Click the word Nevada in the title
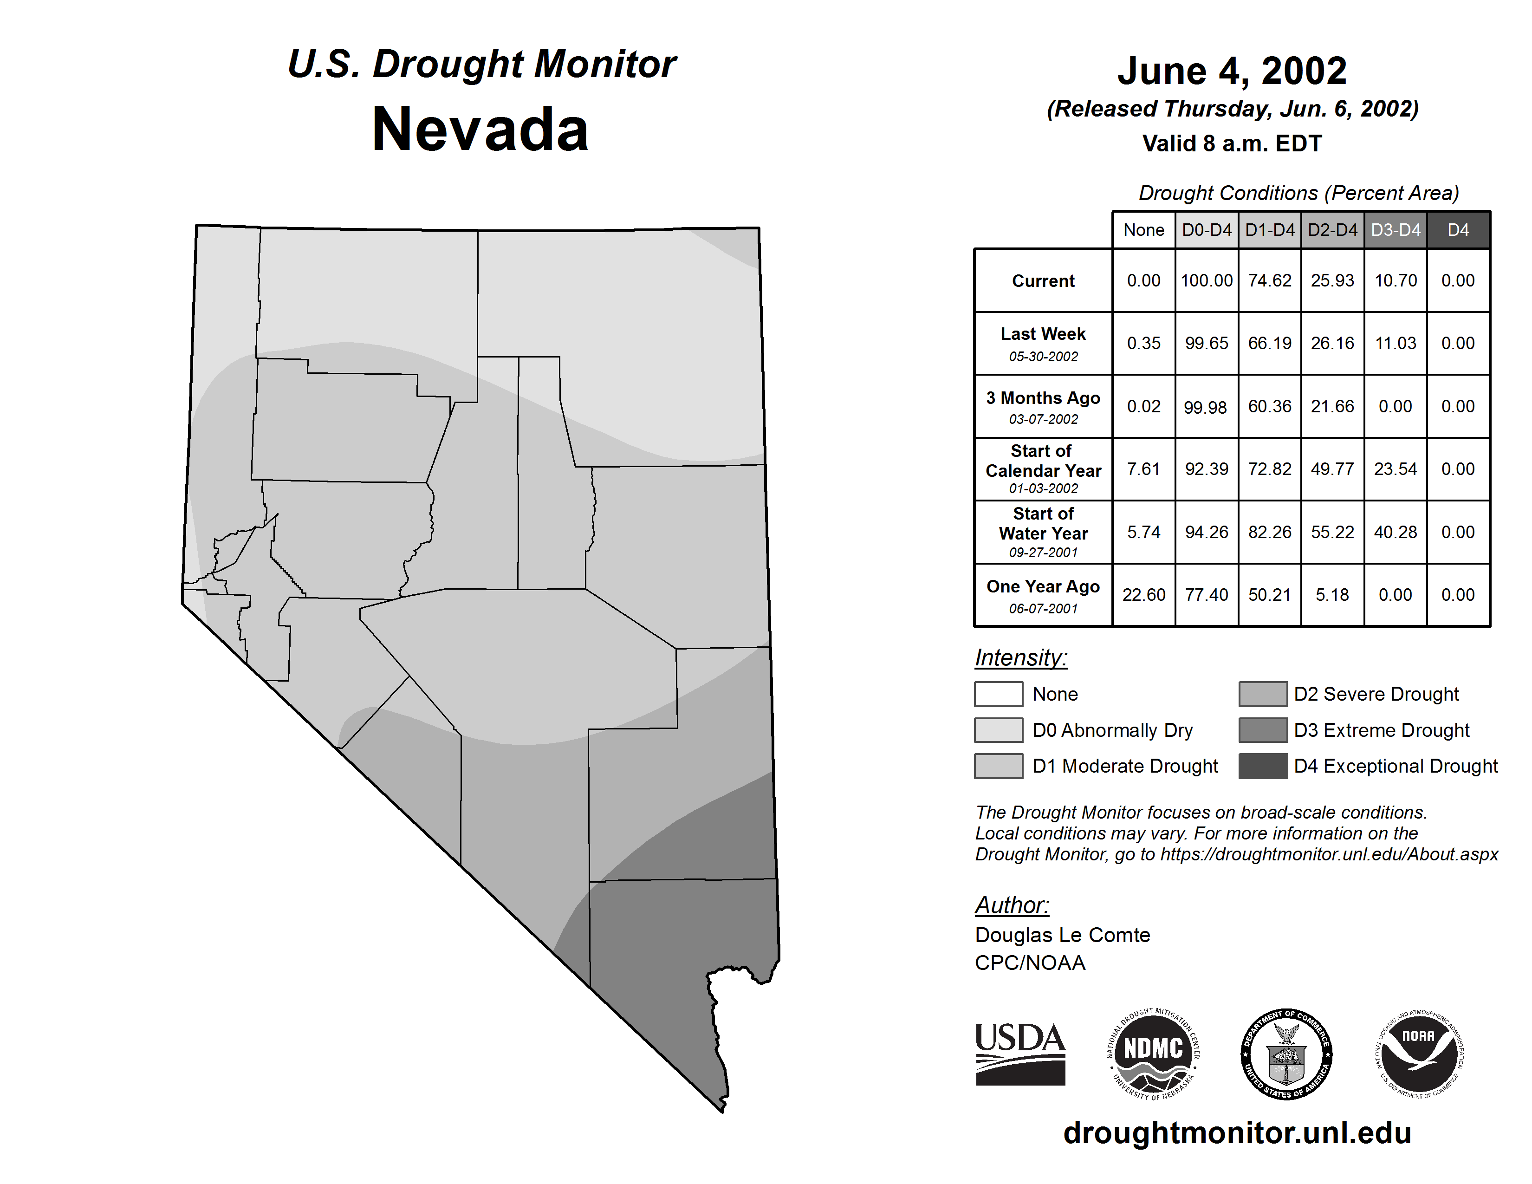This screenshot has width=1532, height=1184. (x=480, y=130)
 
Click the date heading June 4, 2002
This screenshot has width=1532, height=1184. (x=1232, y=71)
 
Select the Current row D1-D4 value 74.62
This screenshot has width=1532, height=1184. (x=1270, y=280)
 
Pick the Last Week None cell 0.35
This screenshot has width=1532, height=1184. (x=1143, y=343)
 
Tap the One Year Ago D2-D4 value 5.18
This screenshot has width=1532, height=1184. (x=1332, y=595)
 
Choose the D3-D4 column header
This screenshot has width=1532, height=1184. (x=1395, y=230)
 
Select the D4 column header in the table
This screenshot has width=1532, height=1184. (x=1458, y=230)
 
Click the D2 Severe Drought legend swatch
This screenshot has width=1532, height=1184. (x=1263, y=694)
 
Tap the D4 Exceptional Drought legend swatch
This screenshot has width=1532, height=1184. (x=1263, y=766)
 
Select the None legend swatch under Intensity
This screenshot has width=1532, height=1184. (x=998, y=694)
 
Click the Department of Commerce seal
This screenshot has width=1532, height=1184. (x=1286, y=1054)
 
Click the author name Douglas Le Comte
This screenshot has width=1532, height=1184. (x=1062, y=935)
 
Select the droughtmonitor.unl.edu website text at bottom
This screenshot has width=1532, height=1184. (x=1237, y=1133)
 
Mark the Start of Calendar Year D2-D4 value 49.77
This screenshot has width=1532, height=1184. (x=1332, y=468)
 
